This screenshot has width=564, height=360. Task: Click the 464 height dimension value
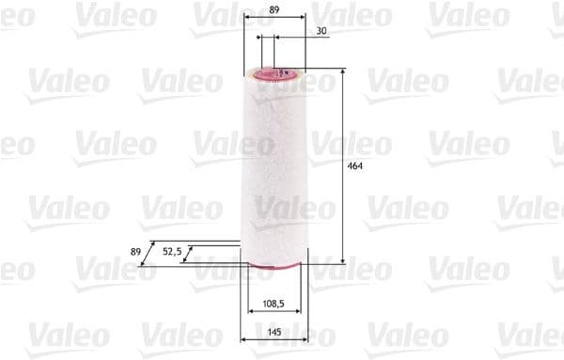coord(355,166)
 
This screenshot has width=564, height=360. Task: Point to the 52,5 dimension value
coord(172,251)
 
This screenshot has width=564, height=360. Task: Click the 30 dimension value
coord(321,31)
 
